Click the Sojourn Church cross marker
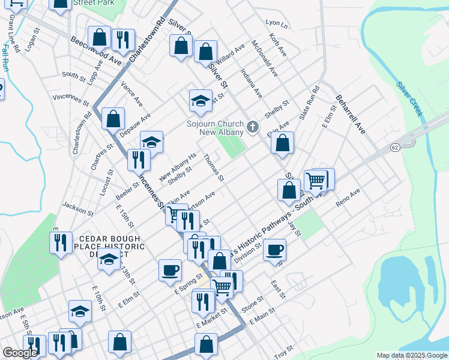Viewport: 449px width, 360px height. (x=253, y=127)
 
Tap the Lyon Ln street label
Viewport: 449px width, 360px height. (x=277, y=25)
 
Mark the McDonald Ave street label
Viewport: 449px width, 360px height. (x=265, y=58)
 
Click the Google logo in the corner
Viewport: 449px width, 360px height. (x=20, y=353)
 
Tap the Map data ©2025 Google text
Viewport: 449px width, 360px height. (x=411, y=355)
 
